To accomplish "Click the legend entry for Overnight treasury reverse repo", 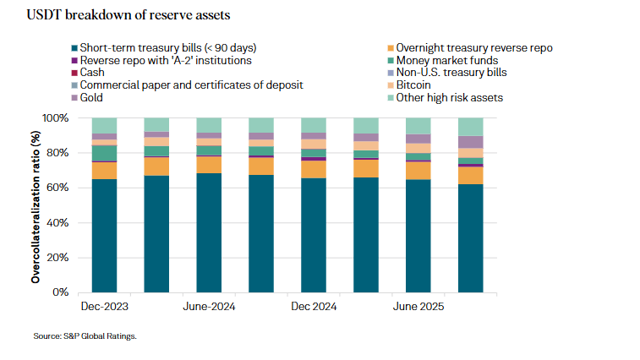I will pos(473,47).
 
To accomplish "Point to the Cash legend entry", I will pos(95,73).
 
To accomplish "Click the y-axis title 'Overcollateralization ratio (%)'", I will pos(36,205).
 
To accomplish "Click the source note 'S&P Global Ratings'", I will pos(85,336).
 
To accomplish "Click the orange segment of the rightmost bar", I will pos(471,175).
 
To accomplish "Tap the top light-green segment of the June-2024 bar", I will pos(209,125).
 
